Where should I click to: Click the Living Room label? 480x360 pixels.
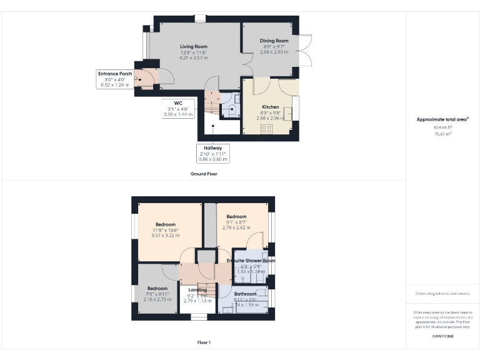(193, 46)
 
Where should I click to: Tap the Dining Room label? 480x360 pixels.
(274, 41)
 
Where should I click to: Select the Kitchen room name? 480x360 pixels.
(270, 107)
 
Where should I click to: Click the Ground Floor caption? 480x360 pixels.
(204, 174)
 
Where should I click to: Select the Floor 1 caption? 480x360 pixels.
(204, 342)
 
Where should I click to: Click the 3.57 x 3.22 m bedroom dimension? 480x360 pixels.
(166, 236)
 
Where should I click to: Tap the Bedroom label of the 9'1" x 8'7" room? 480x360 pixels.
(236, 216)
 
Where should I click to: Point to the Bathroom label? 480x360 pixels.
(245, 294)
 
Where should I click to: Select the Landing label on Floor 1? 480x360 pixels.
(197, 290)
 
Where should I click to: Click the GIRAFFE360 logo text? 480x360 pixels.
(442, 337)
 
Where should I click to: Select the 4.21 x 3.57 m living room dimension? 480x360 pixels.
(193, 57)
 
